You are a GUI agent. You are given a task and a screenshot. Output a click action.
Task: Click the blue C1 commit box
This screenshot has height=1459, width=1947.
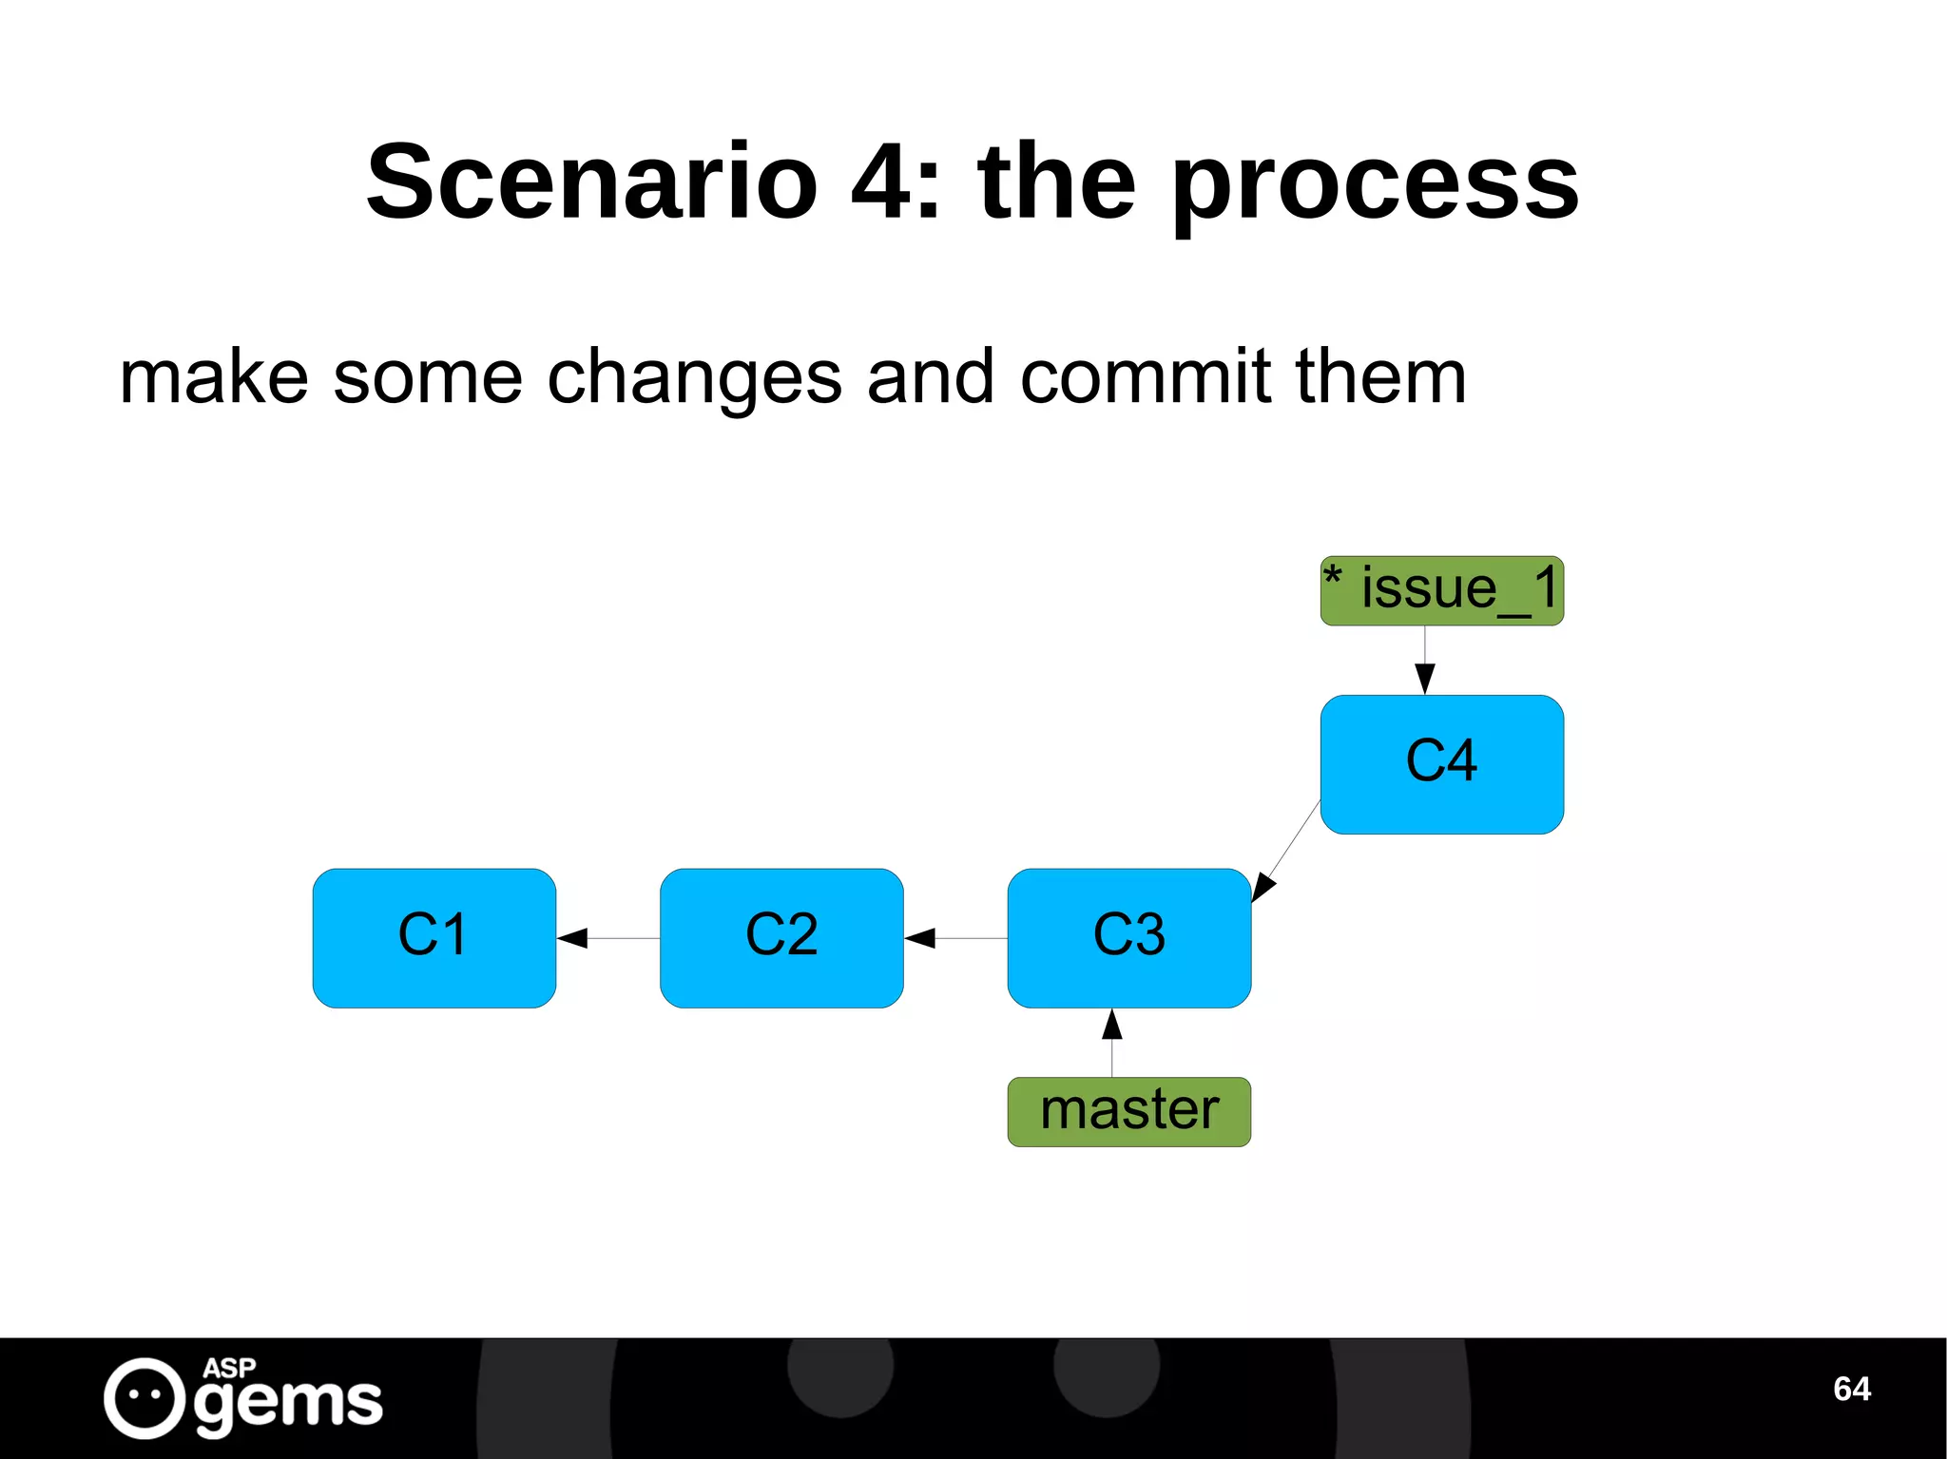[x=434, y=937]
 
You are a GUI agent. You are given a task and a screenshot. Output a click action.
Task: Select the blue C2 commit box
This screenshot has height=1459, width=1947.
[x=781, y=937]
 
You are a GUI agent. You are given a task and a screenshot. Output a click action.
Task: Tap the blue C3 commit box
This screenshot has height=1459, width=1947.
[x=1128, y=937]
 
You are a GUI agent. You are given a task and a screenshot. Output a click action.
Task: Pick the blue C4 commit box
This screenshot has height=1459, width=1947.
[x=1441, y=764]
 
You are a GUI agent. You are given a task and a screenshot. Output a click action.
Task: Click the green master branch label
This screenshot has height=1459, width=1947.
[x=1128, y=1111]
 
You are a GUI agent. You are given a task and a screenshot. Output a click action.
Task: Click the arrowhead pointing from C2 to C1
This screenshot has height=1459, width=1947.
[x=572, y=938]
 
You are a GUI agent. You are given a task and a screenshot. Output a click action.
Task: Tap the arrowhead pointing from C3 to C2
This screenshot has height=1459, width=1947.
[x=920, y=938]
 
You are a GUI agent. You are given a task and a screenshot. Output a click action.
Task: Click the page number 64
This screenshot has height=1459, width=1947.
[x=1851, y=1389]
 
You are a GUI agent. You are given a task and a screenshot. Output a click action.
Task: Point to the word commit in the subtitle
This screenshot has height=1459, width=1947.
[x=1145, y=376]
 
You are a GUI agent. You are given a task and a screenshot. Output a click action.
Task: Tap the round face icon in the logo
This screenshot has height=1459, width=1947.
[x=144, y=1397]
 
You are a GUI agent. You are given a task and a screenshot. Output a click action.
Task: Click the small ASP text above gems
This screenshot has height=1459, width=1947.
[x=228, y=1368]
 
